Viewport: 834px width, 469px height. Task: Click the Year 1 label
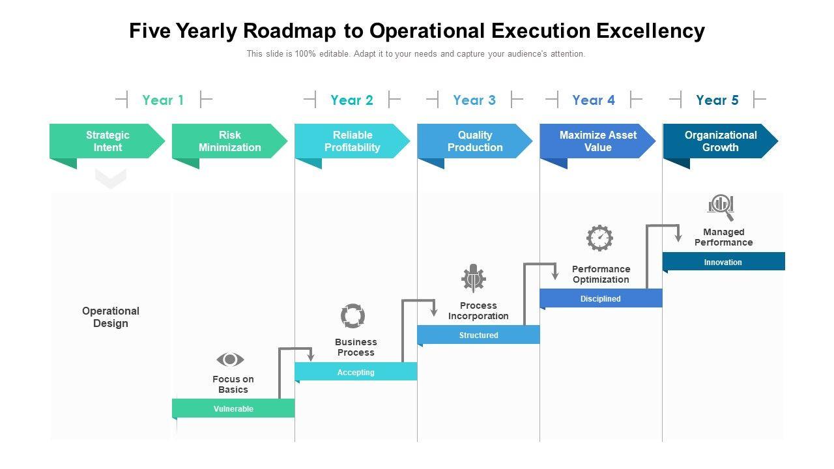point(163,100)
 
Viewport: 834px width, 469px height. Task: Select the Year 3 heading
point(474,100)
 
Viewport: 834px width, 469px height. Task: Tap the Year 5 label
point(717,100)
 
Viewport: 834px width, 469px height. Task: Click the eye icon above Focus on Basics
point(230,360)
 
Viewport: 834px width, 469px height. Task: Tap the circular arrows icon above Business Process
point(353,316)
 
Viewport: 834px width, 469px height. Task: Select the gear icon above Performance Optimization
point(599,238)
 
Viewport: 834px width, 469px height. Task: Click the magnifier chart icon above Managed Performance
point(721,206)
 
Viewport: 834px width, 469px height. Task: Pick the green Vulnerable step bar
point(233,408)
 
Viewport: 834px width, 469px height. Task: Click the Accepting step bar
point(356,372)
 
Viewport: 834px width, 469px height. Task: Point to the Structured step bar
point(478,335)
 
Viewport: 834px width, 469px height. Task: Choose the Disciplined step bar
point(601,298)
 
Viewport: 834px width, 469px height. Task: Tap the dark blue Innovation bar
point(723,262)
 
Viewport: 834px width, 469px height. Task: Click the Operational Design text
point(111,317)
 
